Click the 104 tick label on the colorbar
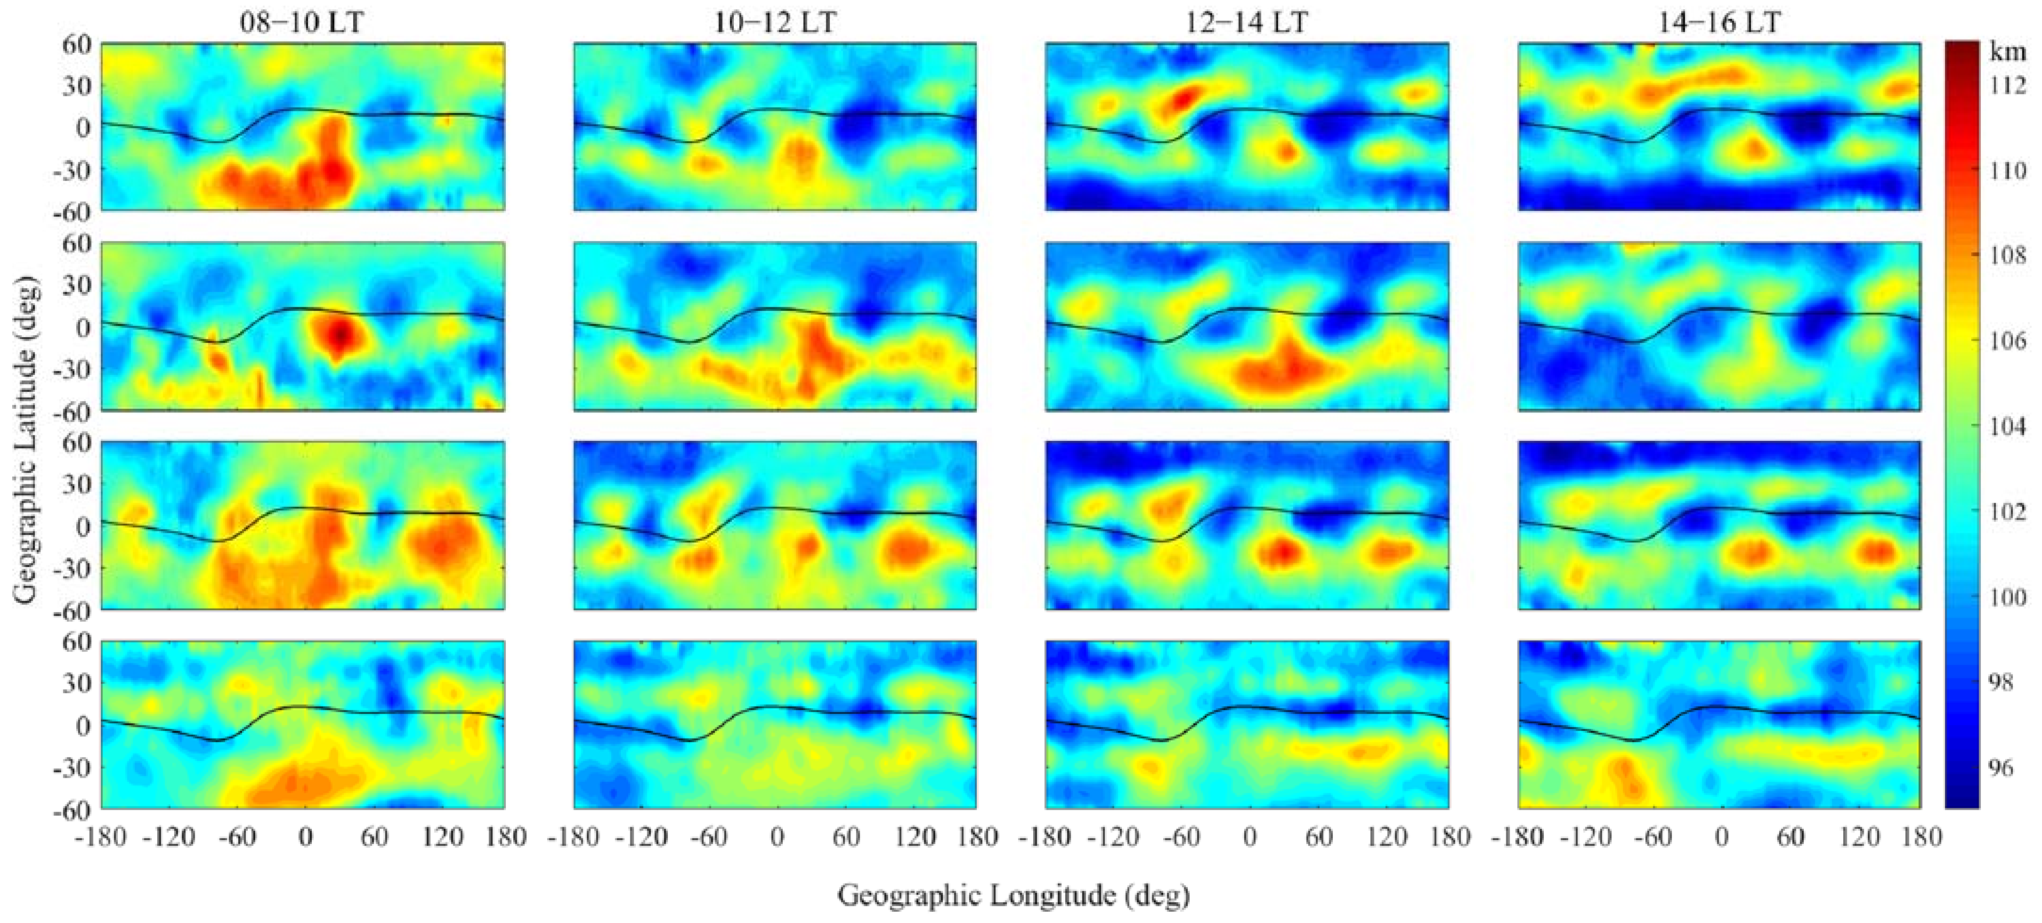(2008, 427)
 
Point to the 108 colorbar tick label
(2008, 255)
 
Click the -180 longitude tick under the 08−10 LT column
(101, 836)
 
